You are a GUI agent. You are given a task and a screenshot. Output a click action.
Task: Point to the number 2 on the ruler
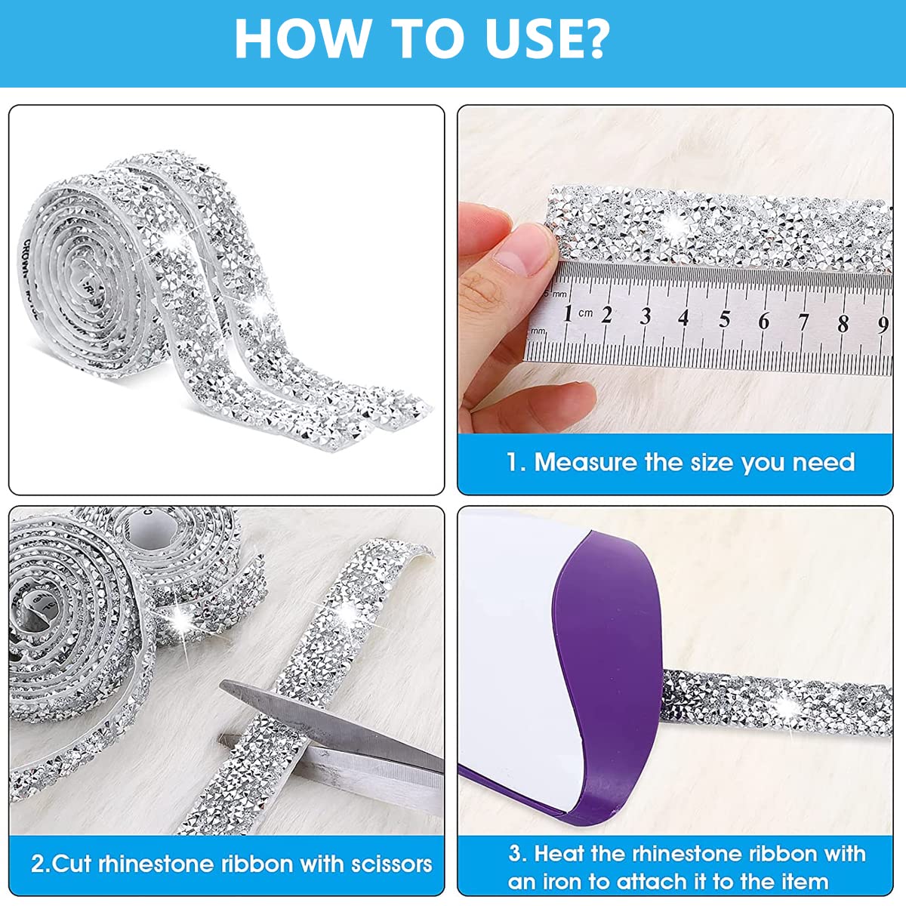[606, 315]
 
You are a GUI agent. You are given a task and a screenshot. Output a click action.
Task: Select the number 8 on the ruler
[843, 323]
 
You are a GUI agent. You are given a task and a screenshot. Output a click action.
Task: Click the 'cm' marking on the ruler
[586, 313]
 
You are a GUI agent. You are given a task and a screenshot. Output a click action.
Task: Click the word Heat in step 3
[560, 854]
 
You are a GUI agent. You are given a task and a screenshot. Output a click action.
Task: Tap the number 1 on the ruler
[568, 313]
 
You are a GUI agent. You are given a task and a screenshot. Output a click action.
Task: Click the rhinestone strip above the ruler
[717, 223]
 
